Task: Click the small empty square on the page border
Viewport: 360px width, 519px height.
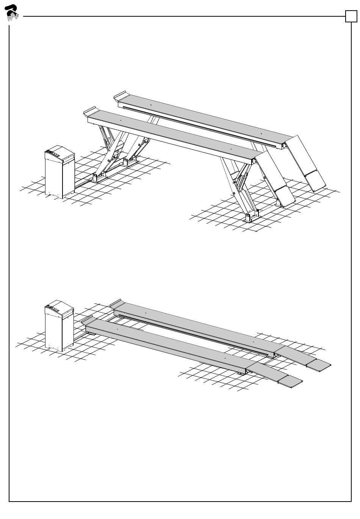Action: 351,16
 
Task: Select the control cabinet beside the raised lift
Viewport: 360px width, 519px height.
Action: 59,172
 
